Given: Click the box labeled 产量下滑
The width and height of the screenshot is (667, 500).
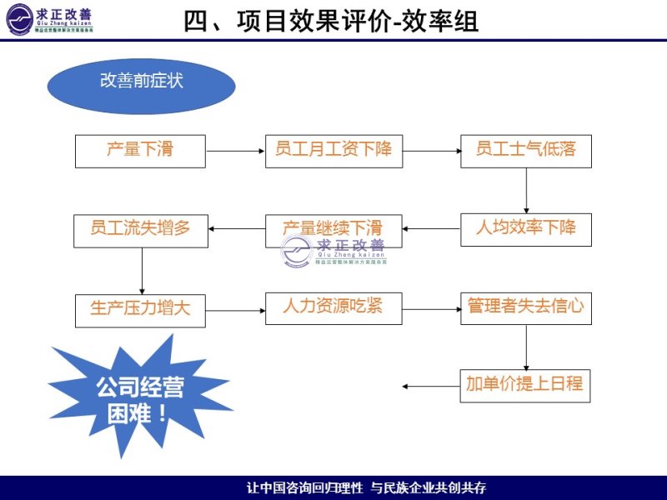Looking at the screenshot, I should (x=140, y=151).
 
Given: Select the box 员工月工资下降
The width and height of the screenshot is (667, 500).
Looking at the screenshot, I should (x=333, y=151).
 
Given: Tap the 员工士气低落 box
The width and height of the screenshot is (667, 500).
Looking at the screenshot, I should (x=525, y=151).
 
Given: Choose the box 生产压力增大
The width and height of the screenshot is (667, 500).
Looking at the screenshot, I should (x=140, y=310).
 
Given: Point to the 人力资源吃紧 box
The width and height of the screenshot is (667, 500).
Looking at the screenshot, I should (x=333, y=307).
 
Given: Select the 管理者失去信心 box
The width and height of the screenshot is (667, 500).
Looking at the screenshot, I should (x=525, y=307).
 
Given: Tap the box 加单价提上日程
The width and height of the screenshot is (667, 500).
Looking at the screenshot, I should (x=525, y=386).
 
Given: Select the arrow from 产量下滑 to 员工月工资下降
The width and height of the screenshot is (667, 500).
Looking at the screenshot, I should (x=235, y=151).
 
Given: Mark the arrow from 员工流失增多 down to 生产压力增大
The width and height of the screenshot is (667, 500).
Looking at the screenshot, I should (x=142, y=270).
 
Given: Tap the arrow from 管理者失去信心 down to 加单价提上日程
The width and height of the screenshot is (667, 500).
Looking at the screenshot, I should (x=526, y=347).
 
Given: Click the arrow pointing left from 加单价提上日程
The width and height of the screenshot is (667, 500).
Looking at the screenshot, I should (x=430, y=386).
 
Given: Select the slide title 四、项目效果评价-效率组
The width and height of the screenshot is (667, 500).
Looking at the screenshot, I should (x=332, y=21).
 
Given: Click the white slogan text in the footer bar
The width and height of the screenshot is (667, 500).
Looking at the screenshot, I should (x=367, y=487).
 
